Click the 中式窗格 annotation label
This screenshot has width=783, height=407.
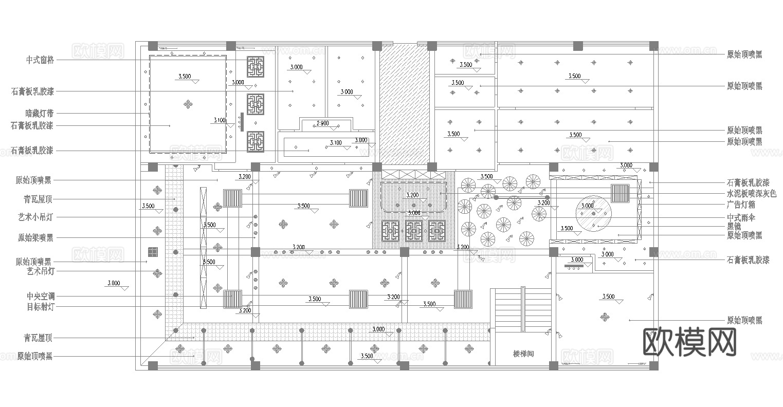(40, 60)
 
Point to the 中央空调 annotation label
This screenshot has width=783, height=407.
(40, 297)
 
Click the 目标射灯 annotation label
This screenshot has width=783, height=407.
(40, 307)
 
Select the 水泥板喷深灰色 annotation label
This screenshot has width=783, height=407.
(751, 194)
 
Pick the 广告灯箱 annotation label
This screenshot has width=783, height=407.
(741, 205)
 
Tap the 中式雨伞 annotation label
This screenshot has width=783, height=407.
(741, 218)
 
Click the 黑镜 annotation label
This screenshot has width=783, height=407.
(734, 227)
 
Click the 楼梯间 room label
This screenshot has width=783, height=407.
(523, 354)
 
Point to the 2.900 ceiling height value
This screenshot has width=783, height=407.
(322, 124)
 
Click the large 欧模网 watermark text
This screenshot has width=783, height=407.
(690, 342)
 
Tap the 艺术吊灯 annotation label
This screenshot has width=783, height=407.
(40, 271)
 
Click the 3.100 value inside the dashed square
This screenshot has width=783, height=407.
(219, 121)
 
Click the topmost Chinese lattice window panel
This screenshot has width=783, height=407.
(256, 67)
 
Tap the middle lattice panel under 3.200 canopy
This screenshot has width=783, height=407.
(414, 231)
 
